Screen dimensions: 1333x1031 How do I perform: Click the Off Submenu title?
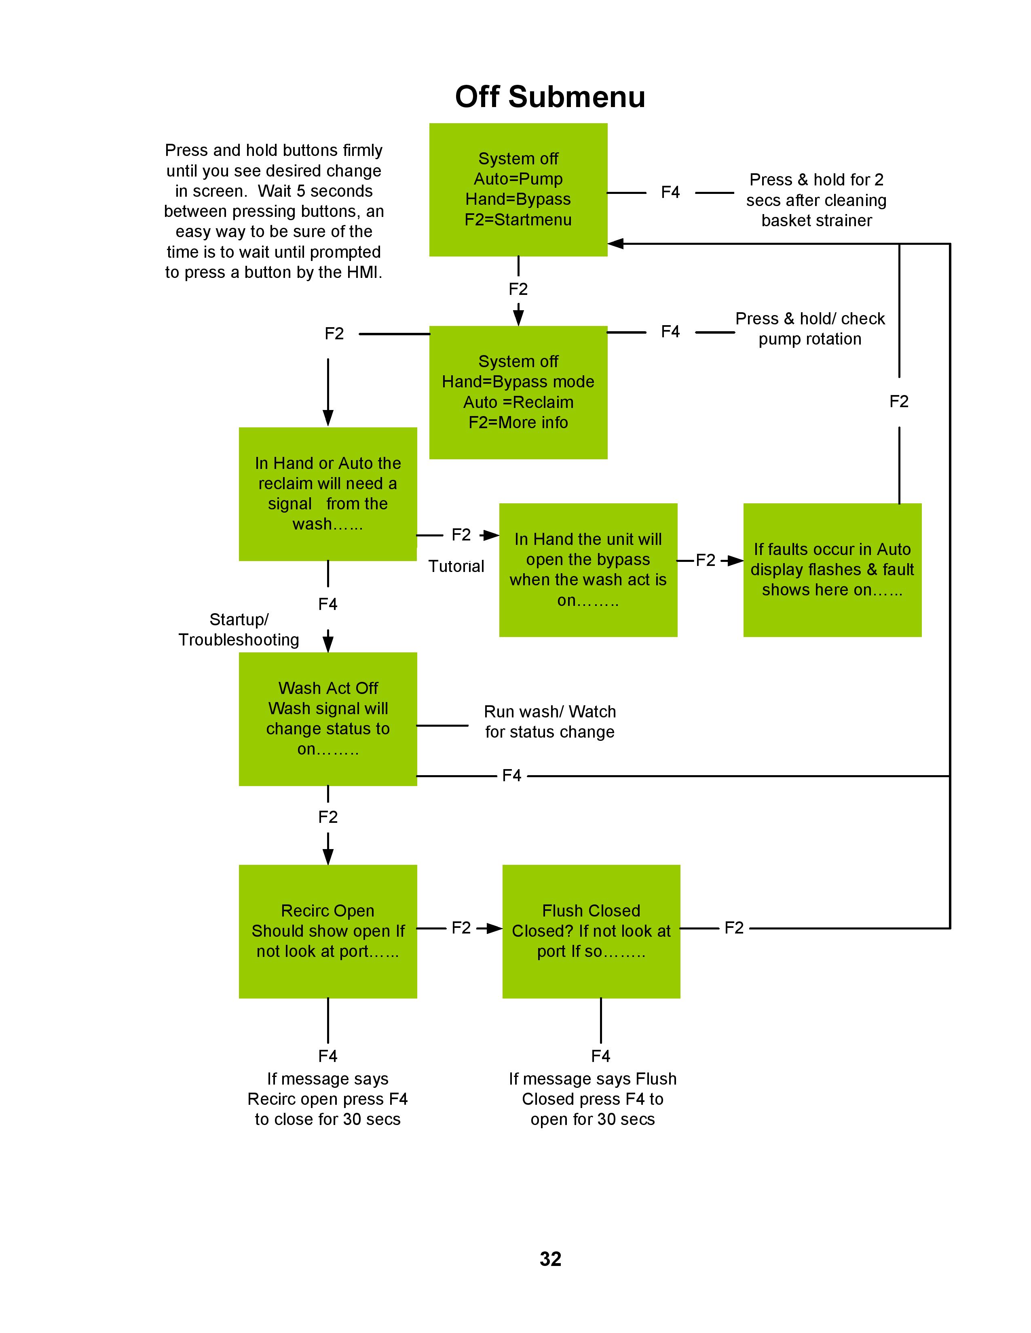(550, 97)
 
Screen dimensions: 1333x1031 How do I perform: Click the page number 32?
(550, 1259)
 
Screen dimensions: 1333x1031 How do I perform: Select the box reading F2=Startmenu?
(518, 190)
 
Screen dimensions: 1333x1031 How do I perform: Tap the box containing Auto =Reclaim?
(518, 393)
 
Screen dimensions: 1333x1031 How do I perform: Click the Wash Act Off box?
(328, 719)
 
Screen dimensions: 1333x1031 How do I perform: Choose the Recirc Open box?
(328, 931)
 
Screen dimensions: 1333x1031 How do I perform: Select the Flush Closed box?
(591, 931)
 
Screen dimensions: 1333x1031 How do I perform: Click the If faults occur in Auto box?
(832, 570)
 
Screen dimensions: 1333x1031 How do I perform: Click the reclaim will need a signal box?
(328, 494)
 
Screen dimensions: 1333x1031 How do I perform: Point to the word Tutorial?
(456, 566)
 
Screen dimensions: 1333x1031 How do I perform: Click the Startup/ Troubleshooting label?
(239, 630)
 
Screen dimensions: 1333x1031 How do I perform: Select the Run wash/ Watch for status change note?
(550, 721)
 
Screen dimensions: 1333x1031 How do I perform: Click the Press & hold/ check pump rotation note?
(810, 328)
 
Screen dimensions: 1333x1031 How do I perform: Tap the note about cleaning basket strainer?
(816, 200)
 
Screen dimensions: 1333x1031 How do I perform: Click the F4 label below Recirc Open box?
(328, 1056)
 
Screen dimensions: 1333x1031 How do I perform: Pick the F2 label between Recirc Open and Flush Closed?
(461, 928)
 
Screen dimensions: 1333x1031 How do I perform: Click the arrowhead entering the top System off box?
(615, 244)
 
